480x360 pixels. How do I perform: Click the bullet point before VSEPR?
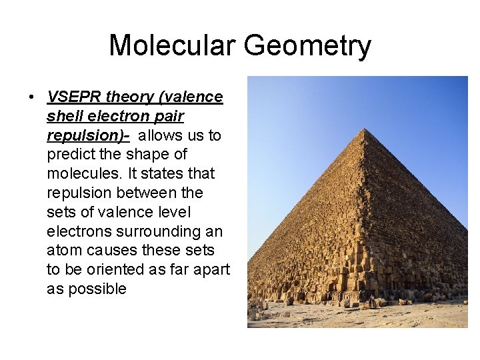tap(31, 97)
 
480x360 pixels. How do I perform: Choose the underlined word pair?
tap(169, 116)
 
